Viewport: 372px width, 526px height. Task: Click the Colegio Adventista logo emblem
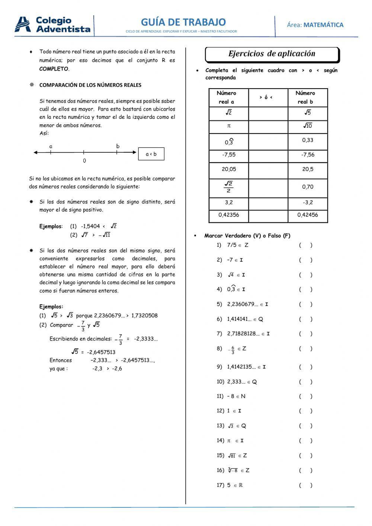pos(23,25)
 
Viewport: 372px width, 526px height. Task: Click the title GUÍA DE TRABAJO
pos(183,22)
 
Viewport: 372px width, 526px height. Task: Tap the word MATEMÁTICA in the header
pos(323,25)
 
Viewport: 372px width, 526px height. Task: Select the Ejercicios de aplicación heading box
pos(272,54)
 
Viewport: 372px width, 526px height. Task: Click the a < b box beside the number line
pos(151,154)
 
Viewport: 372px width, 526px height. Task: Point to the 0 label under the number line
pos(84,161)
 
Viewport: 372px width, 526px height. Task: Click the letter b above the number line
pos(118,146)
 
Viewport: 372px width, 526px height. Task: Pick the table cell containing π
pos(228,126)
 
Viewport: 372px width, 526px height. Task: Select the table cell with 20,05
pos(228,169)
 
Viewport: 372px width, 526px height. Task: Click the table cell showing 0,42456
pos(308,215)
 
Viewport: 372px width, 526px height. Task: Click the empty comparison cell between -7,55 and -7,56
pos(268,155)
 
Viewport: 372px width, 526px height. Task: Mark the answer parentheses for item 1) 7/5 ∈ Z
pos(305,245)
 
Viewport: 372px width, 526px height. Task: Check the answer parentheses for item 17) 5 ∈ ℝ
pos(305,485)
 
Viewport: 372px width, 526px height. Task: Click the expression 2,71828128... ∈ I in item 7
pos(248,334)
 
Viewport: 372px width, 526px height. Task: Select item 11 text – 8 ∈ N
pos(236,396)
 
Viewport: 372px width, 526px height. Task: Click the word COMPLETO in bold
pos(54,69)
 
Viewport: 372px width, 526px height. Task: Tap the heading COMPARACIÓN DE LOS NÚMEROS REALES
pos(90,85)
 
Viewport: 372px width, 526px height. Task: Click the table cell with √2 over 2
pos(228,187)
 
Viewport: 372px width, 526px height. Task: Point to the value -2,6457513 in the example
pos(101,352)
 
